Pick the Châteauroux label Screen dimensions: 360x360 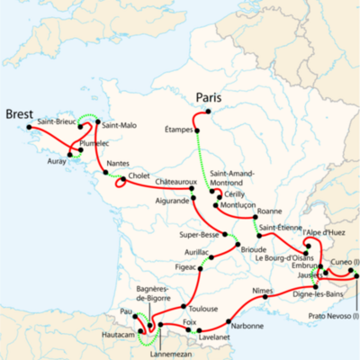(176, 184)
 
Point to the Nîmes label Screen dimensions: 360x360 (263, 292)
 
